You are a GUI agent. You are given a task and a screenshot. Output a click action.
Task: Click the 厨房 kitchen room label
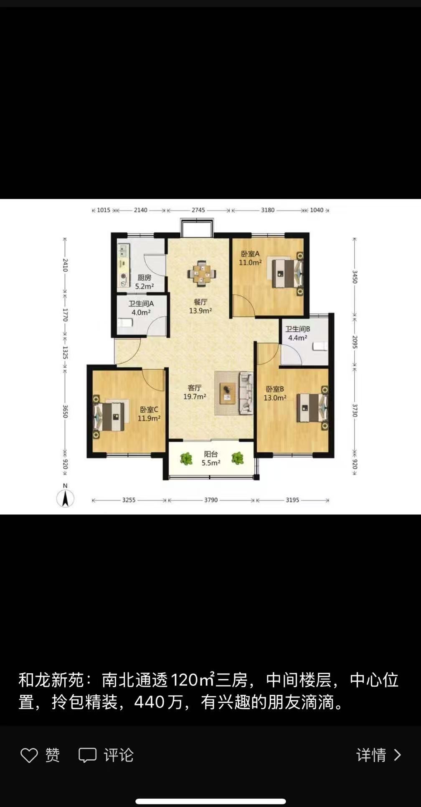coord(145,277)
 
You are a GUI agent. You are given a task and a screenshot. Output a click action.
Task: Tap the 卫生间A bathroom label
coord(141,304)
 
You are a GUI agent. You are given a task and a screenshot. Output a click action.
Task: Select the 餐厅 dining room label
coord(200,302)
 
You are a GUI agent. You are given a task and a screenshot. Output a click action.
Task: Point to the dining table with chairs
coord(202,274)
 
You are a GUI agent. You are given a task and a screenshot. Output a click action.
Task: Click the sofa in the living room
coord(246,393)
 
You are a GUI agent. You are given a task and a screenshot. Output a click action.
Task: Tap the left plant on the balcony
coord(186,458)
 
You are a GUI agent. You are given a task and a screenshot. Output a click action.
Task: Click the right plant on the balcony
coord(237,458)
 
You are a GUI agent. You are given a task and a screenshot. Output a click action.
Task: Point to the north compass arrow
coord(65,498)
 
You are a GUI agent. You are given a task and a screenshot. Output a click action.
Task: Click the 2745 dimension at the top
coord(198,210)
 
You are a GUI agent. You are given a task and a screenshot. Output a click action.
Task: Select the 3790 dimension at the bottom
coord(211,500)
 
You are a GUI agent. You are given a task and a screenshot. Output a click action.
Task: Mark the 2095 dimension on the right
coord(355,342)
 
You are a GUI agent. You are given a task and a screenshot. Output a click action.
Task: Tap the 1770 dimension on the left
coord(65,315)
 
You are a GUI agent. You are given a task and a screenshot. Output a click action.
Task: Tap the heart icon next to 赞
coord(29,755)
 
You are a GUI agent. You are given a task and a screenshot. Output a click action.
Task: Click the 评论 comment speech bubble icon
coord(88,755)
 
